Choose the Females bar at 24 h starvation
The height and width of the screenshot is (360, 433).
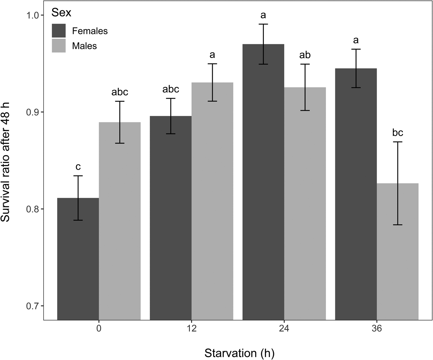pos(263,186)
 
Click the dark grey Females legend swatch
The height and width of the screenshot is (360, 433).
pos(59,31)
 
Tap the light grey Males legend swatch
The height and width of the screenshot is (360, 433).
pos(59,46)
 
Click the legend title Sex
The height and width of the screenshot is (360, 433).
pos(61,13)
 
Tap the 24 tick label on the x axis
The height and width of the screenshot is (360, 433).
pos(284,328)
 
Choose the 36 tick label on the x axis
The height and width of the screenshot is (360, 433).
pos(377,328)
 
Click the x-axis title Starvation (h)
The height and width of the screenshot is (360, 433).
pos(239,353)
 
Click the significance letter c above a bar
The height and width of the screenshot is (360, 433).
pos(78,167)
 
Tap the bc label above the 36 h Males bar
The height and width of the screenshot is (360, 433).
pos(398,132)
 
